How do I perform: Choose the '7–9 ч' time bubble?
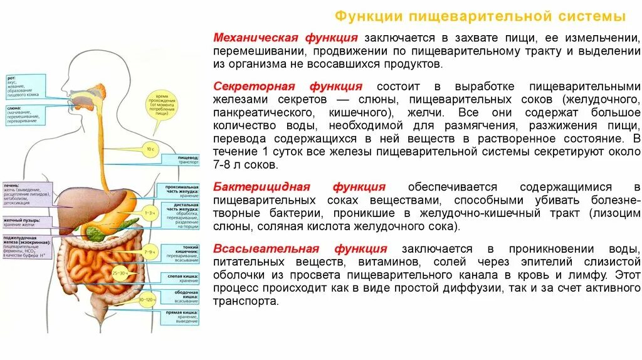[x=150, y=251]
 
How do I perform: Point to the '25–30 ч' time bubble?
[x=118, y=274]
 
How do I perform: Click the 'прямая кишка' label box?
[x=180, y=317]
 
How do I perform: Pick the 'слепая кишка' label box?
[x=182, y=278]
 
